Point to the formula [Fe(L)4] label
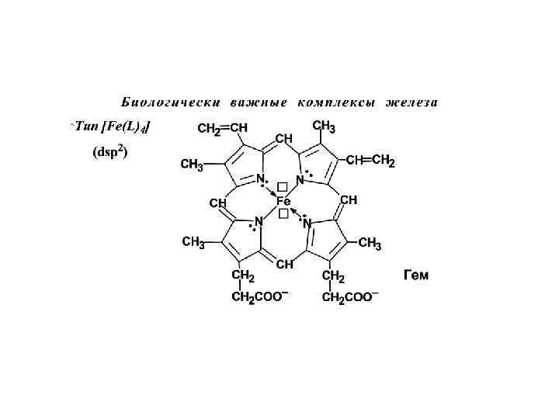(122, 126)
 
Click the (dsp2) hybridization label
(109, 152)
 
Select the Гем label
(416, 275)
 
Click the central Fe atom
(283, 201)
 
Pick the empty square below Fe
(283, 214)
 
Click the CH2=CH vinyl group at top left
(223, 128)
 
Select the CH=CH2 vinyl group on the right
(370, 161)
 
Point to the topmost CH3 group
(324, 126)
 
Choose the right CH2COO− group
(350, 296)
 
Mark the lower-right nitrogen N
(307, 223)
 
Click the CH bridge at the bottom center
(284, 264)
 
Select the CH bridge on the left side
(217, 203)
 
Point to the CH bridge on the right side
(349, 199)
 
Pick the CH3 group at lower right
(370, 245)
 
